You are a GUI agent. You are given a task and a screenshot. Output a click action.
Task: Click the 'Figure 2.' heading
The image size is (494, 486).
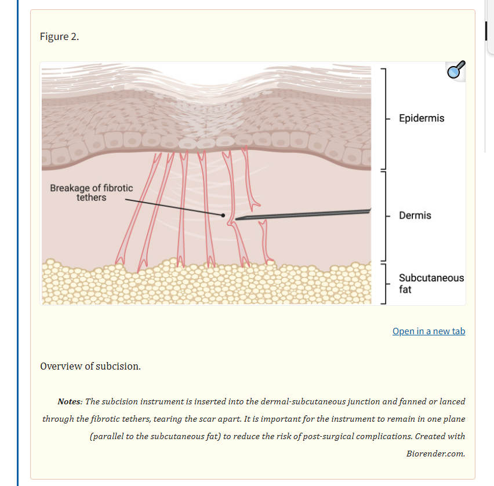tap(60, 36)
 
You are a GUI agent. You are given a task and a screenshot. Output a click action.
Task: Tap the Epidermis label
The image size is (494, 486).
tap(422, 118)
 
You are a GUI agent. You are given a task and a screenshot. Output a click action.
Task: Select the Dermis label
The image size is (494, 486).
tap(415, 215)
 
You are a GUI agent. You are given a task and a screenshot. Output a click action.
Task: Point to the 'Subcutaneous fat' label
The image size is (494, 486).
tap(431, 283)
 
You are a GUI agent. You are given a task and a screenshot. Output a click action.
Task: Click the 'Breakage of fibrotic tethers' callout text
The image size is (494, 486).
tap(91, 193)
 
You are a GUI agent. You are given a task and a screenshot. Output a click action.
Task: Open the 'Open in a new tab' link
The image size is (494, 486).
tap(428, 331)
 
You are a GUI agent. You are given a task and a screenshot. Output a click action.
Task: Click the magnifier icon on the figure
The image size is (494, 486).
tap(455, 70)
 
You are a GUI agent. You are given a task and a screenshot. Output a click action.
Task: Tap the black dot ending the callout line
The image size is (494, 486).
tap(223, 215)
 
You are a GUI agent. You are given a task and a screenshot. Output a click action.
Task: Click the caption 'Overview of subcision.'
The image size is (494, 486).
tap(90, 366)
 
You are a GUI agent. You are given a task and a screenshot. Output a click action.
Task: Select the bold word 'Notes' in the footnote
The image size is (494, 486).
tap(69, 401)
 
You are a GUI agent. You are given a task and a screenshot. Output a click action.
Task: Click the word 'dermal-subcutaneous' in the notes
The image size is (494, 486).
tap(303, 401)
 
